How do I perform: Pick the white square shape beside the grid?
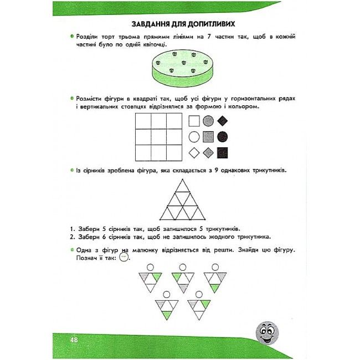pyautogui.click(x=194, y=121)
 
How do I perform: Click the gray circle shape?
pyautogui.click(x=208, y=121)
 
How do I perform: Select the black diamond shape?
pyautogui.click(x=223, y=121)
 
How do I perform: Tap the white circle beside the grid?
pyautogui.click(x=194, y=136)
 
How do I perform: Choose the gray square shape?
pyautogui.click(x=208, y=136)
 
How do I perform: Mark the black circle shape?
pyautogui.click(x=223, y=136)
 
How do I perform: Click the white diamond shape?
pyautogui.click(x=194, y=152)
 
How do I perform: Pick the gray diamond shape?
pyautogui.click(x=208, y=152)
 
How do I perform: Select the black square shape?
pyautogui.click(x=223, y=152)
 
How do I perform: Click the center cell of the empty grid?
pyautogui.click(x=158, y=136)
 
